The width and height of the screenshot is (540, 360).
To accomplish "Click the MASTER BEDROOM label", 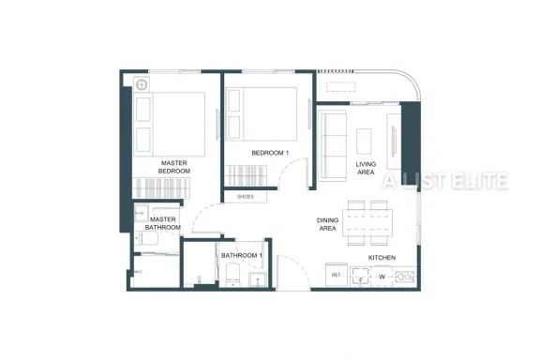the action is coord(174,167).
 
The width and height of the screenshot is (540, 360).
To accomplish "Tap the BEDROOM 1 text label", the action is coord(270,153).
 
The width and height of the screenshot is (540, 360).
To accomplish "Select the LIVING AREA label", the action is coord(366,168).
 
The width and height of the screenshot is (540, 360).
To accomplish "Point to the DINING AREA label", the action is coord(327,224).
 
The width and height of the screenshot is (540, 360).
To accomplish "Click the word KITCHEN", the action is coord(382,258).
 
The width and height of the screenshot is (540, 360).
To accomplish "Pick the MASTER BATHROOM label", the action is coord(163,223).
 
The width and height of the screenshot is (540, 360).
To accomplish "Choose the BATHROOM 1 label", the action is coord(242,256).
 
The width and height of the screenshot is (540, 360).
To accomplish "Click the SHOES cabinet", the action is coord(246,197).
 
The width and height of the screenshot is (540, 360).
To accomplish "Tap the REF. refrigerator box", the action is coord(337,275).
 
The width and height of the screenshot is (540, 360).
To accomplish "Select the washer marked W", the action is coord(382,277).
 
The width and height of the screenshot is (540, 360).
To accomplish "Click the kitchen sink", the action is coord(361,277).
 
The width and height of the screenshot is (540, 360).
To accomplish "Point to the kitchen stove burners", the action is coord(404,277).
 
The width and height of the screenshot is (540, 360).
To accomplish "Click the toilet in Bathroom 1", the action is coord(232,276).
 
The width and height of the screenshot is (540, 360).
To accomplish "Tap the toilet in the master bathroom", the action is coord(146,238).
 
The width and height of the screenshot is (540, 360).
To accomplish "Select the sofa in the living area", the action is coord(332,145).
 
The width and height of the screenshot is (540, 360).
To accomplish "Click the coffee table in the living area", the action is coord(364,142).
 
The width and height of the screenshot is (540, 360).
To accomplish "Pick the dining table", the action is coord(367,223).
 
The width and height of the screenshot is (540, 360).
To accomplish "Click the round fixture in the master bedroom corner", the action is coord(142,84).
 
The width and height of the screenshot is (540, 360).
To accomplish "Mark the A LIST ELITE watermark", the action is coord(445,181).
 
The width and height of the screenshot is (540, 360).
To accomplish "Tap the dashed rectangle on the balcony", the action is coord(340,87).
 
